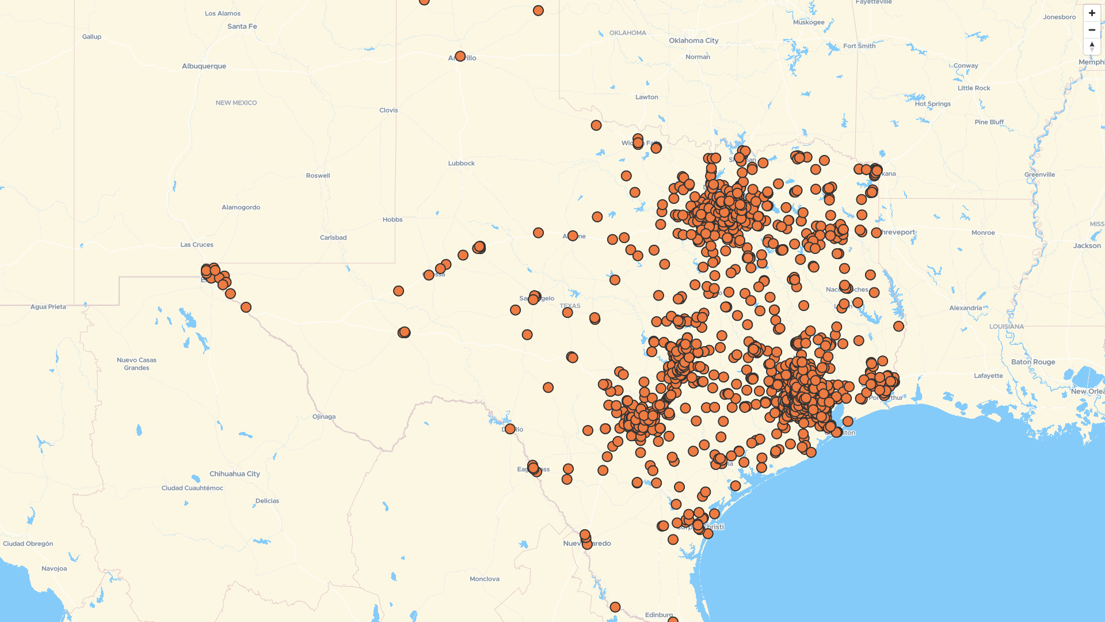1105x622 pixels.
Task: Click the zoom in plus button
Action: click(1092, 13)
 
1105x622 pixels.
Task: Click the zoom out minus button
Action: click(1092, 30)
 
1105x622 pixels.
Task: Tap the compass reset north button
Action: click(1092, 46)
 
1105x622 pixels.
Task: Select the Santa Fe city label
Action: click(242, 26)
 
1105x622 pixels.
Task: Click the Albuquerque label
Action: click(204, 66)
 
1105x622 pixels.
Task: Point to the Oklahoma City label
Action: click(694, 41)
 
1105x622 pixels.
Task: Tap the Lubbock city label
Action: click(461, 164)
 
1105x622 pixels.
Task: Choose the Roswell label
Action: click(318, 176)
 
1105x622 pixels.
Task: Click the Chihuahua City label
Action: click(234, 474)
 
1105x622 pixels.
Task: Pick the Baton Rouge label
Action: click(1033, 362)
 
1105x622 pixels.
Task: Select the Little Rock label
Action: click(974, 88)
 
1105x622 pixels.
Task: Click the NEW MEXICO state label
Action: click(236, 103)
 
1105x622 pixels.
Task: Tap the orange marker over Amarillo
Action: click(460, 56)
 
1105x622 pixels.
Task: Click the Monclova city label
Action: click(484, 579)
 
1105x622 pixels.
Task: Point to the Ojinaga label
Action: click(323, 417)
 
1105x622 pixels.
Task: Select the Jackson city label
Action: click(1087, 246)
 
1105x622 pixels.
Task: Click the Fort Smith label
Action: click(859, 46)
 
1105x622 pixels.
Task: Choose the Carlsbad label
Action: click(333, 238)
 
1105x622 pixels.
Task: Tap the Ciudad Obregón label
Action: click(28, 544)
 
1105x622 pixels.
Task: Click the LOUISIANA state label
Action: click(1006, 327)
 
